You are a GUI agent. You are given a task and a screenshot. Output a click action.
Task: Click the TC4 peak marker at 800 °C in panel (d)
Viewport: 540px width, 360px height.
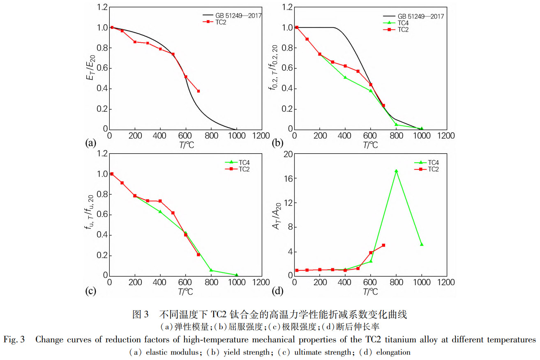(x=396, y=171)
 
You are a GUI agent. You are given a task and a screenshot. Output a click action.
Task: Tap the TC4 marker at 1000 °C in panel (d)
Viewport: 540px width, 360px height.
(x=422, y=244)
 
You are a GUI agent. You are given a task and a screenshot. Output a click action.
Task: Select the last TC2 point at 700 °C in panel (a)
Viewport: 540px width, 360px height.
(x=198, y=91)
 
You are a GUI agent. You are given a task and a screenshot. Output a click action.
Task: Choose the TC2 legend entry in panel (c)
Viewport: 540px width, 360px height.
(x=244, y=168)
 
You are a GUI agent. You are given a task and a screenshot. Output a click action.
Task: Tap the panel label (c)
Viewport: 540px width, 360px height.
(x=90, y=291)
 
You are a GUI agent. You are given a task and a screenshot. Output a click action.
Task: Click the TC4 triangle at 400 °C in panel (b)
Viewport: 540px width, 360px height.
(x=345, y=77)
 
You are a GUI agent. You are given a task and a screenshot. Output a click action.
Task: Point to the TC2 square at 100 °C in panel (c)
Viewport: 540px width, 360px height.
(x=122, y=183)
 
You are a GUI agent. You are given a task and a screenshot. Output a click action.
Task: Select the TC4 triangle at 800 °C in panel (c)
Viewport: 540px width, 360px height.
(x=211, y=270)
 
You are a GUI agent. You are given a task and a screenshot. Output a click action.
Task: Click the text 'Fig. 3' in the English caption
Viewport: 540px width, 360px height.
(x=14, y=339)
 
